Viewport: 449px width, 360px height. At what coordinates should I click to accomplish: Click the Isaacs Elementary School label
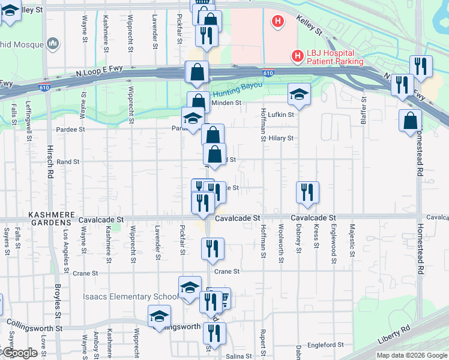[131, 297]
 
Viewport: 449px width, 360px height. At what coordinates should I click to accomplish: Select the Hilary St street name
[280, 138]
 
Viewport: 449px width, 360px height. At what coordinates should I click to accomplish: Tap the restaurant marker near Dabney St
[307, 192]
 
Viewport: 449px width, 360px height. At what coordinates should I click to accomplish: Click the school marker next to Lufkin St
[298, 94]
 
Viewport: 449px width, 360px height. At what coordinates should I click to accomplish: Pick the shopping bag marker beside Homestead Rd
[409, 120]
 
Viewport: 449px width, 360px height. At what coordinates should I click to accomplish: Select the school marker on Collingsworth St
[160, 316]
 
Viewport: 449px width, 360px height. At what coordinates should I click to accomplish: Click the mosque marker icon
[53, 43]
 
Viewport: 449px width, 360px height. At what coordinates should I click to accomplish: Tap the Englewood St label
[333, 244]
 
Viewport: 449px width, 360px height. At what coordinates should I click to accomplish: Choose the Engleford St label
[324, 345]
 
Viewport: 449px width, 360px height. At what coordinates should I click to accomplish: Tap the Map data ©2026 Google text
[411, 355]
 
